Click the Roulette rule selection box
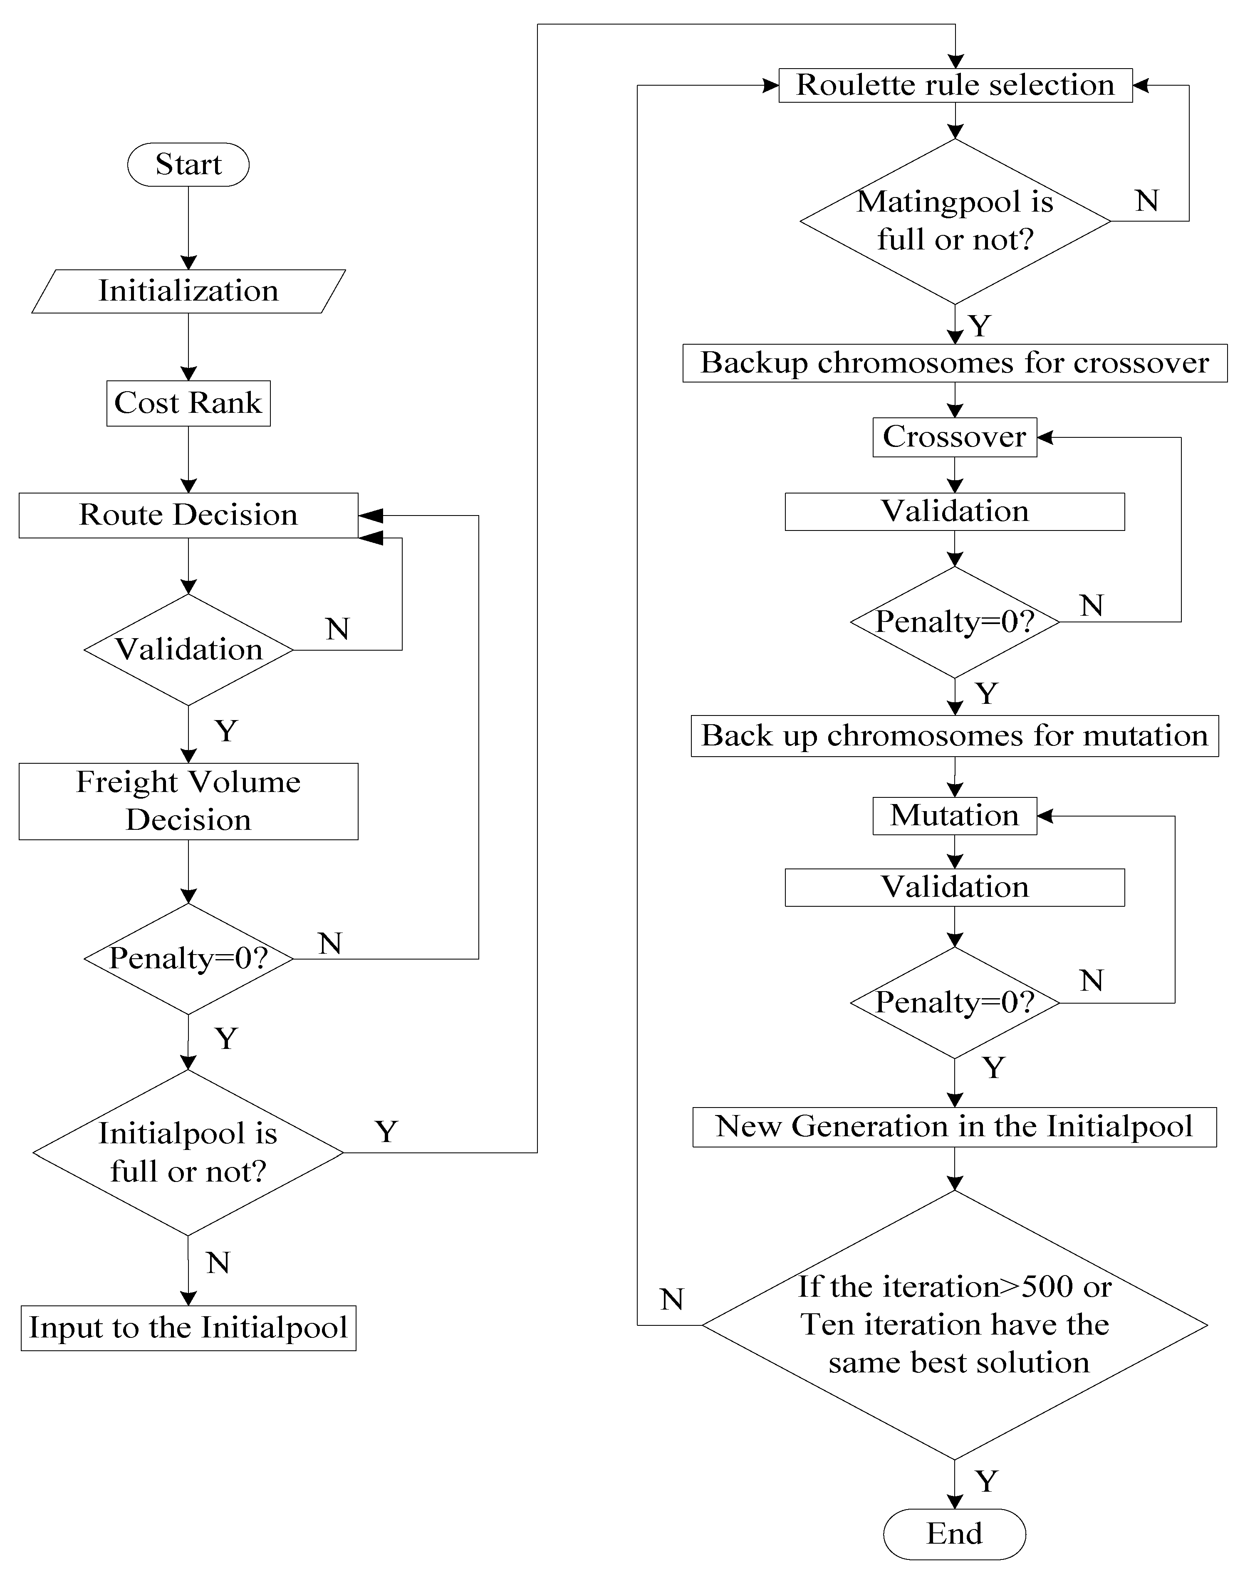pos(955,85)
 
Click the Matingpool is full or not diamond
pos(955,221)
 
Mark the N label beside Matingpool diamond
pos(1147,201)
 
